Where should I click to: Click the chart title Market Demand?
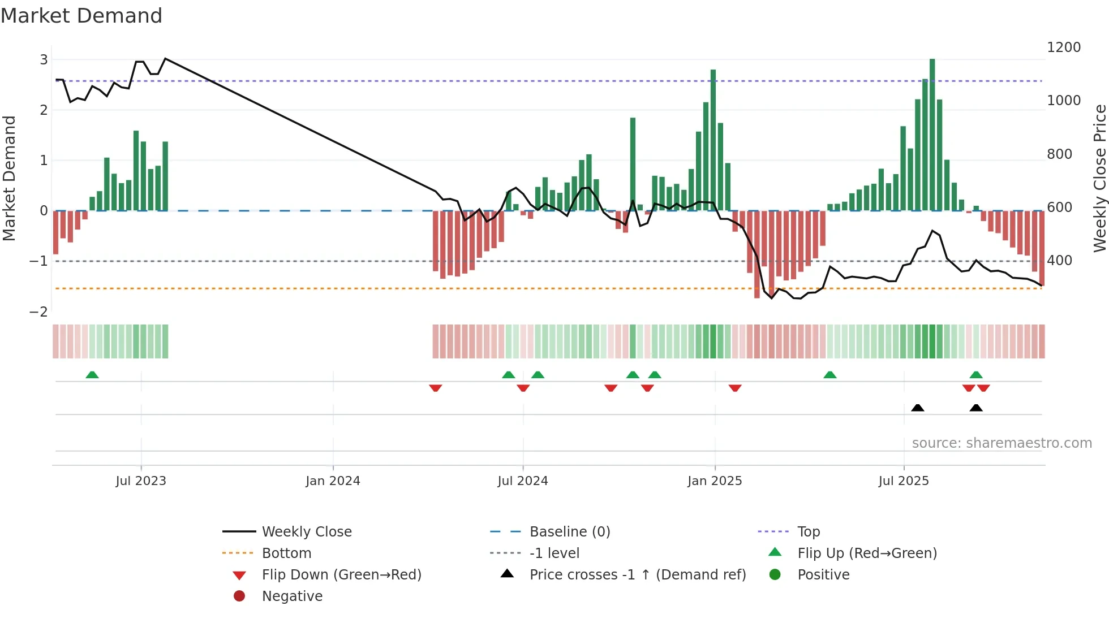[81, 16]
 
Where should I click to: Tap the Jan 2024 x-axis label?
[333, 481]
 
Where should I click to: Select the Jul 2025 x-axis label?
[904, 481]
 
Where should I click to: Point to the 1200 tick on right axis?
[1064, 47]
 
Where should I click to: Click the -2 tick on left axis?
[39, 311]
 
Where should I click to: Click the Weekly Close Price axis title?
[1099, 178]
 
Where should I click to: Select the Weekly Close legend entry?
[307, 532]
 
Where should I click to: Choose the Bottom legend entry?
[286, 553]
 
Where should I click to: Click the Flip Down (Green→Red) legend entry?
[341, 575]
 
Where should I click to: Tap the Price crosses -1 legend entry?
[637, 575]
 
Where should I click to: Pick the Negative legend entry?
[292, 596]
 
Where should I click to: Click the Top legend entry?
[809, 532]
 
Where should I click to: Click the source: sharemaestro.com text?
[1001, 443]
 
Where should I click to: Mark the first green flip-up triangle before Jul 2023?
[92, 375]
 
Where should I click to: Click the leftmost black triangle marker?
[918, 408]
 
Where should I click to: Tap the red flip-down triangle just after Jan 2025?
[735, 388]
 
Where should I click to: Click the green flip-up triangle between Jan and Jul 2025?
[830, 375]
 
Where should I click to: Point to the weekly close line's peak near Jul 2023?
[165, 59]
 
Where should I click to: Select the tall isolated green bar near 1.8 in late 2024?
[633, 164]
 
